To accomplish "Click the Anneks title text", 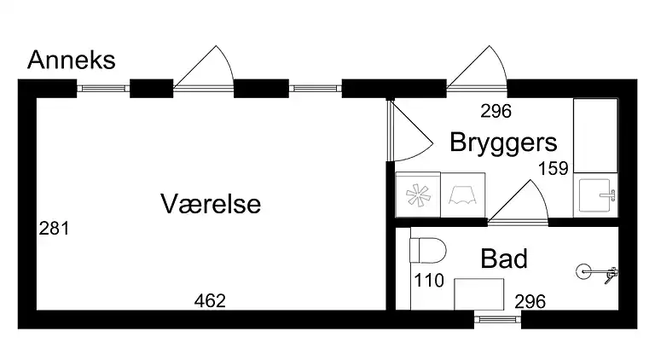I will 72,61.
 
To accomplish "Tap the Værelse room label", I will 210,205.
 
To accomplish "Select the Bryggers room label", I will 503,142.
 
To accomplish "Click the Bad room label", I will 503,258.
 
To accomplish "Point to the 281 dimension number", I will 54,229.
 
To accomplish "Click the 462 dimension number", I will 210,300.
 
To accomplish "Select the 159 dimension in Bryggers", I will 553,168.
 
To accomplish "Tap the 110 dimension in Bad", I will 429,280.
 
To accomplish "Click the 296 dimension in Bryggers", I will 495,110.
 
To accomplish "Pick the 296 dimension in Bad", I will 530,301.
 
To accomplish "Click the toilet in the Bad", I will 428,251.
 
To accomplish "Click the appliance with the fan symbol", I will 418,195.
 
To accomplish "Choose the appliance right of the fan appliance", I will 462,195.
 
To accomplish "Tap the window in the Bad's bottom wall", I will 497,320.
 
